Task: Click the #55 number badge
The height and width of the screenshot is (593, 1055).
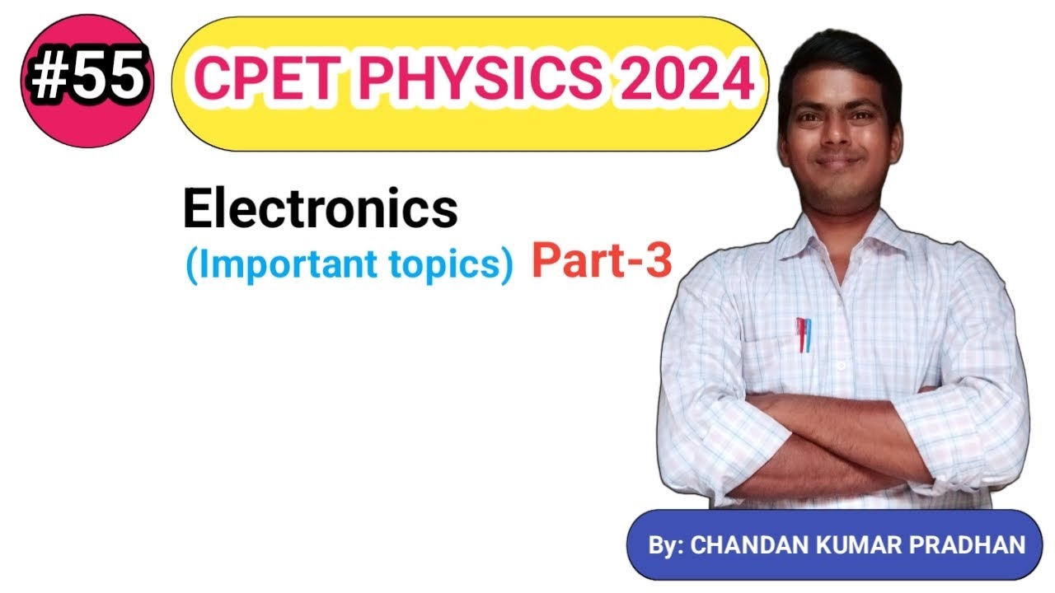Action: click(x=86, y=80)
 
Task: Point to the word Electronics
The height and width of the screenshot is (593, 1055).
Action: click(x=320, y=209)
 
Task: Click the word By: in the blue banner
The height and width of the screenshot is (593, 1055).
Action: click(x=666, y=545)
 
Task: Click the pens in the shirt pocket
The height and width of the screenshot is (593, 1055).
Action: click(x=803, y=334)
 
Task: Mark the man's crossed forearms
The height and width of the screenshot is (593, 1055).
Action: click(x=841, y=437)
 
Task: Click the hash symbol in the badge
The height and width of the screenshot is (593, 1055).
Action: click(x=49, y=80)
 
